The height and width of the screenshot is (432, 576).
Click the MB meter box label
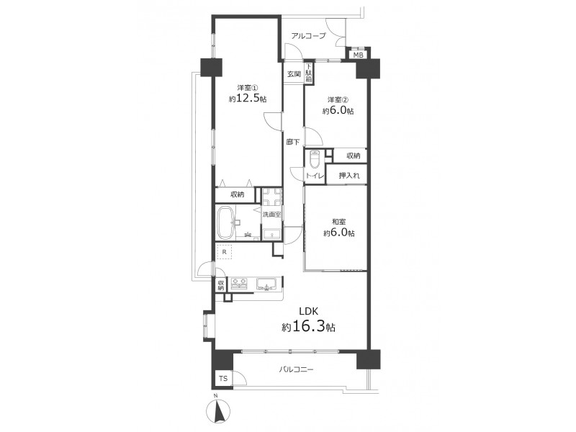358,55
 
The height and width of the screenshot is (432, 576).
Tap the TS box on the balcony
223,379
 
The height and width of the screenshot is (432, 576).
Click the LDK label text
308,312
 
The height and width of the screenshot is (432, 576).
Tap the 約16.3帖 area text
308,327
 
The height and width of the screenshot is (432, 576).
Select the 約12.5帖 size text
248,99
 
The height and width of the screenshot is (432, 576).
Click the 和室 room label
338,222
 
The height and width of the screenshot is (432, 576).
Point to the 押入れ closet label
349,176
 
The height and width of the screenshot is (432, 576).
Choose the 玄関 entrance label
294,74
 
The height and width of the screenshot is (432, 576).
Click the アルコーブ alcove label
309,36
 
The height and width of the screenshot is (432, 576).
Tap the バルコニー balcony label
295,369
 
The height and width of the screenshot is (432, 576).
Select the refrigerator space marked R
225,253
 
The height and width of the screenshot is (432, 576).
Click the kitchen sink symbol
267,284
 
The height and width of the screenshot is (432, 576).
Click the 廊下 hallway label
293,142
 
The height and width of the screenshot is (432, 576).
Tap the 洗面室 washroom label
272,214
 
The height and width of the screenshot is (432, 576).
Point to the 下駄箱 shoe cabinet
310,73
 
